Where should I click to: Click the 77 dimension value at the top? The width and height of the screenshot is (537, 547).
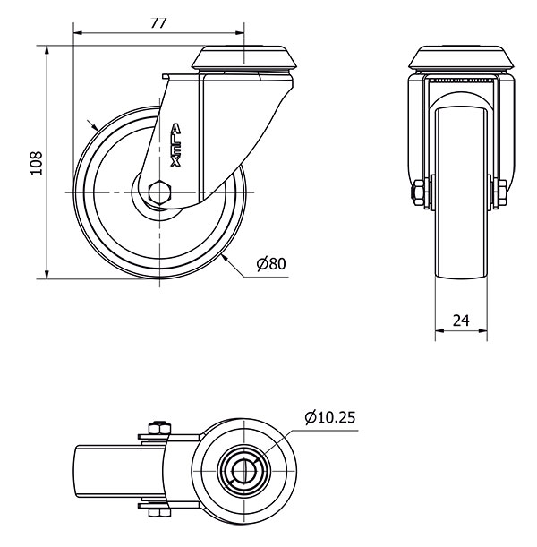pyautogui.click(x=158, y=23)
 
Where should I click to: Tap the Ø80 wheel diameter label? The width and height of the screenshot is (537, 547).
pyautogui.click(x=270, y=264)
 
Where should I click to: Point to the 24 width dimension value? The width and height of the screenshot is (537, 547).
pyautogui.click(x=462, y=320)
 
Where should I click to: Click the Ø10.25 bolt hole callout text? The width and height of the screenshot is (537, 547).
pyautogui.click(x=330, y=417)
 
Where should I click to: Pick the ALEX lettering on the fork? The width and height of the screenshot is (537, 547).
pyautogui.click(x=175, y=144)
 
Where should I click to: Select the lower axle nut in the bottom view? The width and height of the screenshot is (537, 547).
pyautogui.click(x=158, y=511)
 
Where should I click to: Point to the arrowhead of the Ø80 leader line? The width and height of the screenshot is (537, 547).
pyautogui.click(x=226, y=257)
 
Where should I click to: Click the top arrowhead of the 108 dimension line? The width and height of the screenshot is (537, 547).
pyautogui.click(x=46, y=46)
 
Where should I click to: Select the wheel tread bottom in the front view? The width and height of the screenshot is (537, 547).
pyautogui.click(x=462, y=276)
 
